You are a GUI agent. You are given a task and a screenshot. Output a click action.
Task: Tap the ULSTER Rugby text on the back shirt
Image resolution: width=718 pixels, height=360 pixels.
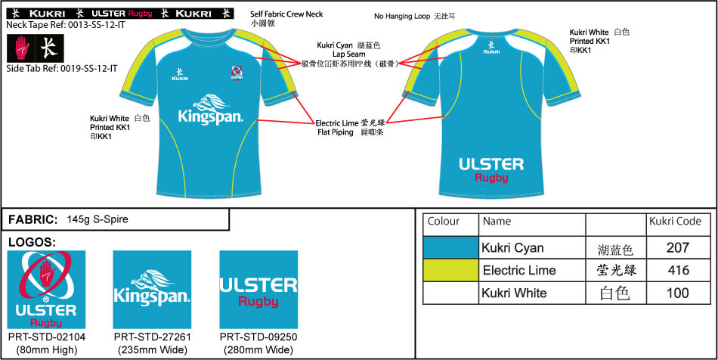click(491, 169)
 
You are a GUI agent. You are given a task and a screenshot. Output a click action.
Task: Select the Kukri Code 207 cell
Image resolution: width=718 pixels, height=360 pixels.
click(679, 247)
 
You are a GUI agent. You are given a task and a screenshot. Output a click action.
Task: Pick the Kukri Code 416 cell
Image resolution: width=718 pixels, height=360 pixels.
click(679, 270)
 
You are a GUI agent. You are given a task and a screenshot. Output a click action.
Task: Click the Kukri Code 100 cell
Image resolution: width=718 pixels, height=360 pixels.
click(679, 293)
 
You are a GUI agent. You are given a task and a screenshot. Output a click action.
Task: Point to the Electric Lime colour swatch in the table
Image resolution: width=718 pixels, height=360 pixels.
click(451, 270)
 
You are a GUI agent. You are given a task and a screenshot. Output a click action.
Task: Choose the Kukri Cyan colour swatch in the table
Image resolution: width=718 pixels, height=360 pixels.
click(451, 247)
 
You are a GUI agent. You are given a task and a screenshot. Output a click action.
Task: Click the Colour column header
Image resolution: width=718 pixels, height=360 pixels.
click(444, 222)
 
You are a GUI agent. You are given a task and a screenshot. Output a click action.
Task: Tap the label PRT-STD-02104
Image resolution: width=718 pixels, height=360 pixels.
click(45, 337)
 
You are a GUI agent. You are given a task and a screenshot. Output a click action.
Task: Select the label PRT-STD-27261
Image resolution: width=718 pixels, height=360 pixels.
click(152, 337)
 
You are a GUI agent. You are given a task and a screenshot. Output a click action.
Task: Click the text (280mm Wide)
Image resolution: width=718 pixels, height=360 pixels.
click(258, 350)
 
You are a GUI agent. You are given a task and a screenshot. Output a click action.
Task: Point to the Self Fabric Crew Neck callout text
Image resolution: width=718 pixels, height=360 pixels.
click(286, 14)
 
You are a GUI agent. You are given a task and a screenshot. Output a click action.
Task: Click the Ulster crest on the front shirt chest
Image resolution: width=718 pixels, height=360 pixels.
click(237, 72)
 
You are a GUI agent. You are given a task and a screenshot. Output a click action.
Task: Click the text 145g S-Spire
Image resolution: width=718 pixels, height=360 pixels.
click(97, 219)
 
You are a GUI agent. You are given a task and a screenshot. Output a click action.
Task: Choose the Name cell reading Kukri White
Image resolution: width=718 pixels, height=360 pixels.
click(514, 293)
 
